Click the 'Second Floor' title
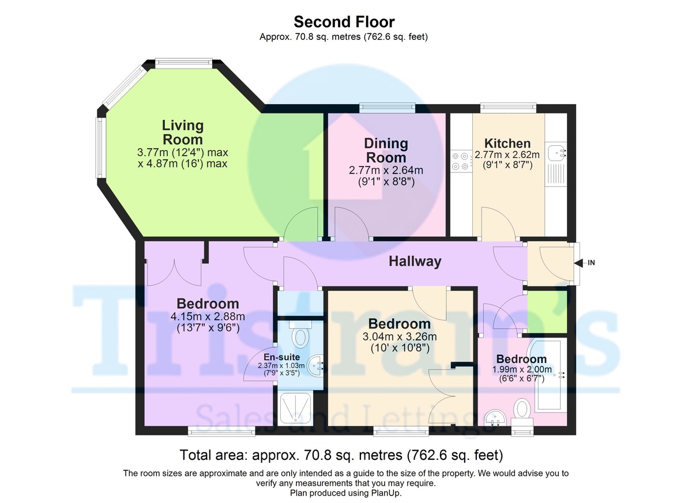pyautogui.click(x=344, y=22)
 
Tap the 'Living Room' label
pyautogui.click(x=183, y=133)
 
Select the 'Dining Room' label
pyautogui.click(x=386, y=150)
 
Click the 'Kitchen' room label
pyautogui.click(x=507, y=143)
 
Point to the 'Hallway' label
pyautogui.click(x=415, y=261)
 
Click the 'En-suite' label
pyautogui.click(x=281, y=357)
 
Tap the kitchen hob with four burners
pyautogui.click(x=461, y=161)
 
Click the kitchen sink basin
pyautogui.click(x=556, y=153)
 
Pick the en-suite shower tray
pyautogui.click(x=295, y=408)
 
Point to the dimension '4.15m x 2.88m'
pyautogui.click(x=208, y=316)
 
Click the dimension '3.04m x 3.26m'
pyautogui.click(x=400, y=336)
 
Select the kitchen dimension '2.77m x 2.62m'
pyautogui.click(x=507, y=154)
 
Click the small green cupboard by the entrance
pyautogui.click(x=547, y=312)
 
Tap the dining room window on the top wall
pyautogui.click(x=387, y=108)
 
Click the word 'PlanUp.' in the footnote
pyautogui.click(x=387, y=493)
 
